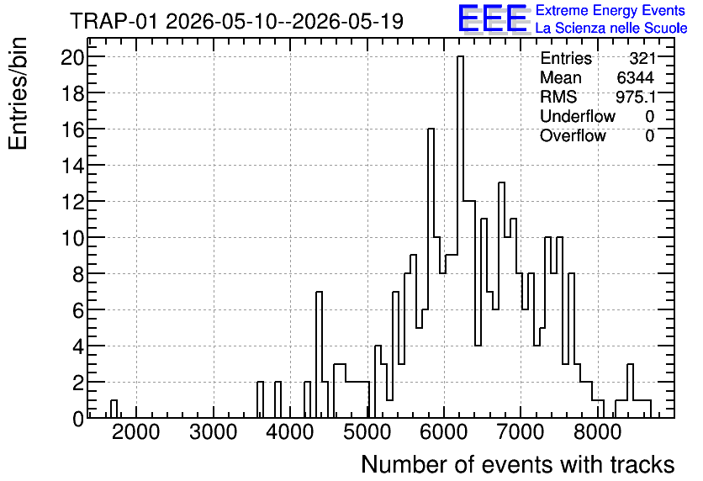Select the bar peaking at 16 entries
pyautogui.click(x=431, y=273)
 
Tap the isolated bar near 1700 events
pyautogui.click(x=114, y=409)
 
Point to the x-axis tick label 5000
pyautogui.click(x=367, y=432)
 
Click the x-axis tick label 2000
pyautogui.click(x=136, y=432)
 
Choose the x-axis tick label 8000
pyautogui.click(x=598, y=432)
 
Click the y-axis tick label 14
pyautogui.click(x=72, y=166)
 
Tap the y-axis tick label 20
pyautogui.click(x=72, y=57)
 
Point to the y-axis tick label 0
pyautogui.click(x=78, y=419)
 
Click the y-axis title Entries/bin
pyautogui.click(x=18, y=94)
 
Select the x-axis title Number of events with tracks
pyautogui.click(x=518, y=464)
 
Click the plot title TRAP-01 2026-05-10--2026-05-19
pyautogui.click(x=237, y=22)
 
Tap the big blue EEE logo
pyautogui.click(x=493, y=19)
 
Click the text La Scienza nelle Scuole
pyautogui.click(x=611, y=29)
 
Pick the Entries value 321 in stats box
pyautogui.click(x=642, y=58)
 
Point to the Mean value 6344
pyautogui.click(x=635, y=77)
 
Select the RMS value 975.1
pyautogui.click(x=635, y=97)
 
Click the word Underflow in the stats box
pyautogui.click(x=578, y=116)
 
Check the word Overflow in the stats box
pyautogui.click(x=573, y=135)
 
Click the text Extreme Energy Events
pyautogui.click(x=610, y=10)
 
